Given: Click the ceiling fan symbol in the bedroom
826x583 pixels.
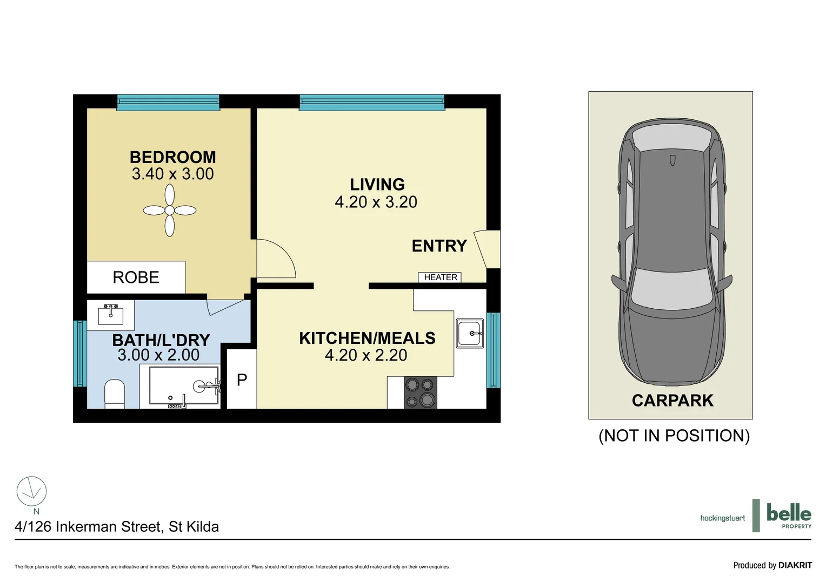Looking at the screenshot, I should click(x=169, y=211).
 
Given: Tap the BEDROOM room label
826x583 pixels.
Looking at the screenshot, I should click(x=172, y=157).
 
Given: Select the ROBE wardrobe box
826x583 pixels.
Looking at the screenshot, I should click(x=136, y=277).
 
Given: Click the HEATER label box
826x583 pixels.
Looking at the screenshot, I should click(x=439, y=277).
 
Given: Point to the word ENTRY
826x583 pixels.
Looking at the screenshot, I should click(x=439, y=246).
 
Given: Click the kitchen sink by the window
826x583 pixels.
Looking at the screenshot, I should click(x=469, y=333).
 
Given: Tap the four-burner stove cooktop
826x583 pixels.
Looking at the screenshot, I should click(x=420, y=392).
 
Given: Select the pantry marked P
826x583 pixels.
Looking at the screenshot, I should click(x=241, y=379).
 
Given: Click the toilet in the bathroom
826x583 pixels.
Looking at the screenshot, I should click(x=114, y=394).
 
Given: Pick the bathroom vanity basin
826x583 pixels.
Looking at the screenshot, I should click(x=110, y=315).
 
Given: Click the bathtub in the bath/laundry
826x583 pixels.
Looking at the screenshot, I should click(x=184, y=385).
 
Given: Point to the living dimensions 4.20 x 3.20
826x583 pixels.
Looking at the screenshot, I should click(x=376, y=202).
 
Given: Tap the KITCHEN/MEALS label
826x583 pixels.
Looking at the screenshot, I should click(x=367, y=338).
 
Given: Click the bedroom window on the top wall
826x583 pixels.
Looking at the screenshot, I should click(x=168, y=103).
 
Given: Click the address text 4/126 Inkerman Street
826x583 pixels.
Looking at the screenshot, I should click(x=117, y=527).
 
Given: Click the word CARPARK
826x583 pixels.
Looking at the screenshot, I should click(x=672, y=401).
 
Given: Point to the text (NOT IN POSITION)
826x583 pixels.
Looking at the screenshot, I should click(x=674, y=436).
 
